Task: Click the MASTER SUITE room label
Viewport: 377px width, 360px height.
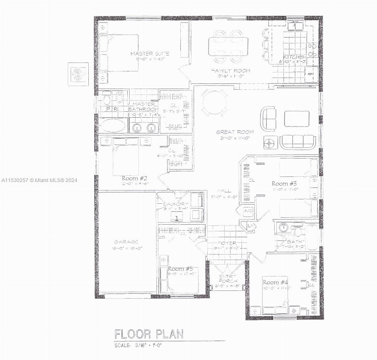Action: [150, 54]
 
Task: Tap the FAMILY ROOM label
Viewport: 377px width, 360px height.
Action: [230, 70]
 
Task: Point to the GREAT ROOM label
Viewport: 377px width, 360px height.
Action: [233, 132]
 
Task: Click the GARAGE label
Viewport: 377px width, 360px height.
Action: [126, 242]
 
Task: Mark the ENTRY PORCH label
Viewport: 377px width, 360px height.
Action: [227, 279]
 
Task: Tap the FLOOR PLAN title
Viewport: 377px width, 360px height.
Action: [149, 334]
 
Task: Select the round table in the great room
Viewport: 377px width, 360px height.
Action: [214, 103]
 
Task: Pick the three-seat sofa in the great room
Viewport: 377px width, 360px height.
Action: [298, 142]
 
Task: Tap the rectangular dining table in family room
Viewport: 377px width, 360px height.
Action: [228, 46]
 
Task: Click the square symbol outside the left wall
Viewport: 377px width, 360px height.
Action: [78, 74]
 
